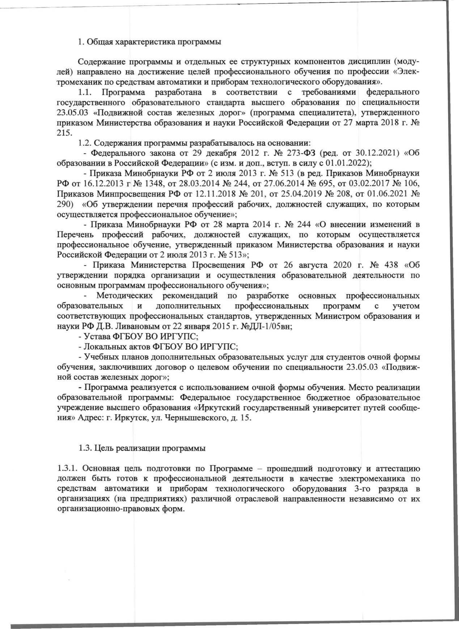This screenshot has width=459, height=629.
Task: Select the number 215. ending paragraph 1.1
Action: click(x=64, y=132)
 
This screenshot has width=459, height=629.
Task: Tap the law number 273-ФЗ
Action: click(x=302, y=153)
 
